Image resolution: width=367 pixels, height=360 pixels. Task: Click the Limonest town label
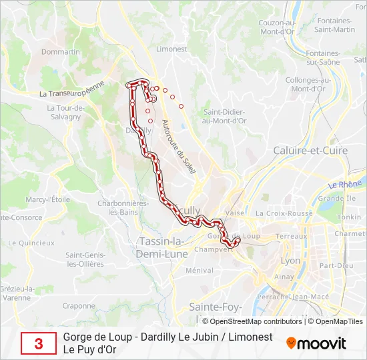pyautogui.click(x=171, y=49)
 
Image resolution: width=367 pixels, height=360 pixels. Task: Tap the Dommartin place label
pyautogui.click(x=60, y=51)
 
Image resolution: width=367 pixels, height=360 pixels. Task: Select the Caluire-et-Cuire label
pyautogui.click(x=310, y=151)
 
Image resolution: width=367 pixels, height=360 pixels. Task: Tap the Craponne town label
pyautogui.click(x=79, y=306)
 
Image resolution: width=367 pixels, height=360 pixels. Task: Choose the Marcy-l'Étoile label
pyautogui.click(x=47, y=199)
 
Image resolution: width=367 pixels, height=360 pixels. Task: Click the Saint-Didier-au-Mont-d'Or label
pyautogui.click(x=225, y=116)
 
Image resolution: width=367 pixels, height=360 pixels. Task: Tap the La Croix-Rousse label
pyautogui.click(x=284, y=213)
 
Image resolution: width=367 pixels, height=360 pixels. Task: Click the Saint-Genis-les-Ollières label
pyautogui.click(x=85, y=259)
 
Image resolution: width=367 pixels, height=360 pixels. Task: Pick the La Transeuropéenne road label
pyautogui.click(x=72, y=89)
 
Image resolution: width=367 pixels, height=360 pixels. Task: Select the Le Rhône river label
pyautogui.click(x=343, y=183)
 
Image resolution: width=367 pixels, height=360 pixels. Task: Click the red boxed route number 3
pyautogui.click(x=38, y=343)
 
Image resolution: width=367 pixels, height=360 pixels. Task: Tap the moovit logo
pyautogui.click(x=316, y=343)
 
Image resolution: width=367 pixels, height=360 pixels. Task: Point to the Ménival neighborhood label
pyautogui.click(x=199, y=271)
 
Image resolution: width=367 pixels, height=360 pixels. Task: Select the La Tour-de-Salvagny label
pyautogui.click(x=64, y=112)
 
